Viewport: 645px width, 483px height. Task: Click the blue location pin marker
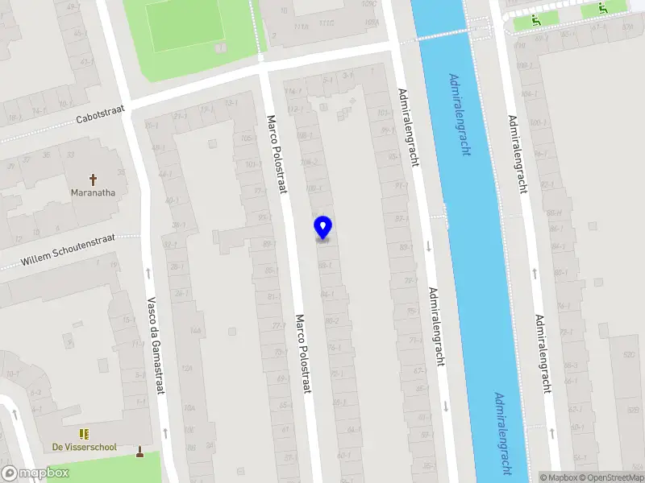323,227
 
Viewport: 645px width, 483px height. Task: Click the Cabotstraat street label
101,117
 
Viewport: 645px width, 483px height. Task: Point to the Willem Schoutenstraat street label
69,250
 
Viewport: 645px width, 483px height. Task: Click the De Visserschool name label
85,447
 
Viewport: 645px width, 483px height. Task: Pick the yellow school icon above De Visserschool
84,434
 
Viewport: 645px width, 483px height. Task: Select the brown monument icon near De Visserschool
140,451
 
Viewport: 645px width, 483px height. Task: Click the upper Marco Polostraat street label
277,154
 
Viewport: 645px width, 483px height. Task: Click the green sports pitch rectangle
185,24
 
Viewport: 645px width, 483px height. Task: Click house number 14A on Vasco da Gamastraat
195,331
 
